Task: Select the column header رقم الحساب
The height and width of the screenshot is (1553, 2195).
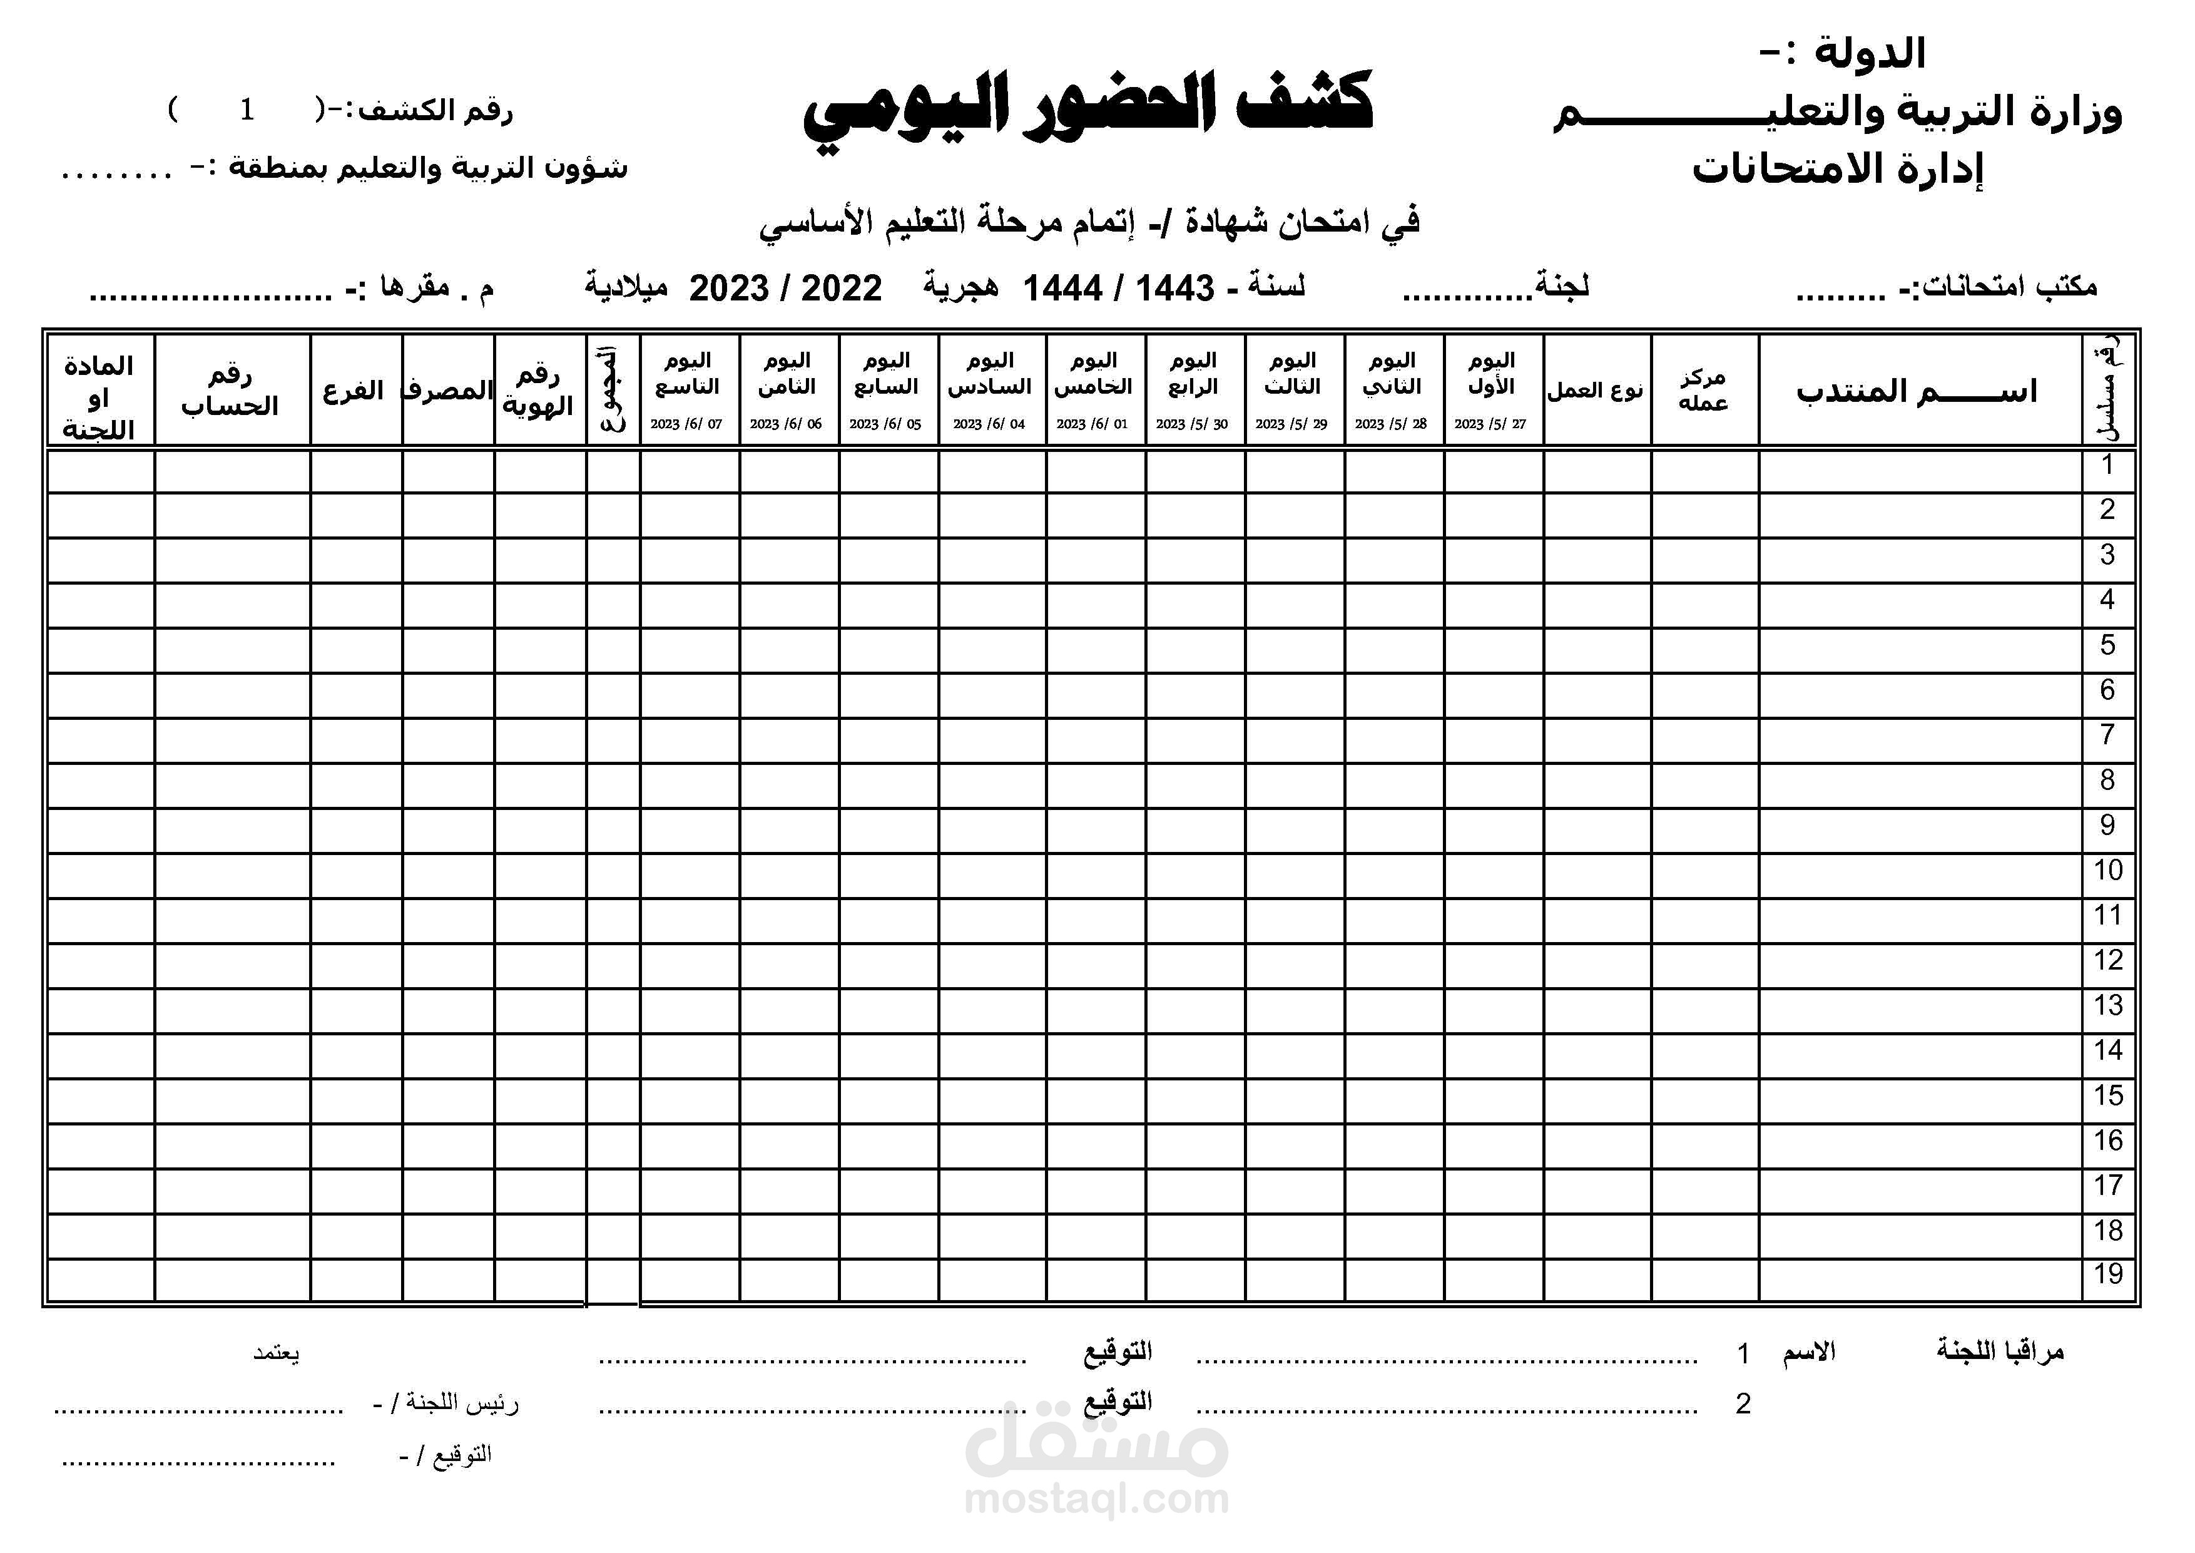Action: pos(230,391)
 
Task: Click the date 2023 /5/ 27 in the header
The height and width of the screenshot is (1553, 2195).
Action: pos(1490,424)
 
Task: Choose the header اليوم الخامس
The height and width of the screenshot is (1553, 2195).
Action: pos(1094,373)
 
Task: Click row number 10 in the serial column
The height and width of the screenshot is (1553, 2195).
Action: pos(2108,870)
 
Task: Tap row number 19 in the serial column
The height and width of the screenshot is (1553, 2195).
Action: pos(2108,1274)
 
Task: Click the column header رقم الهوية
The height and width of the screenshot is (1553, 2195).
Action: pos(538,391)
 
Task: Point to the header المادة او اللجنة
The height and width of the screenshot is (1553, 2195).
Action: pos(98,397)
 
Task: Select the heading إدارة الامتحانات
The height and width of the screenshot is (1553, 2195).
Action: pos(1838,169)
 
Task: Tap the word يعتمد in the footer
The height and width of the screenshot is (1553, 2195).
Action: pos(277,1353)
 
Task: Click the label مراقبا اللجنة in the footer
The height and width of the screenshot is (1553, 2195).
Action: pos(2000,1351)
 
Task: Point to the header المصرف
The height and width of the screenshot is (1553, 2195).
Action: pos(447,391)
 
